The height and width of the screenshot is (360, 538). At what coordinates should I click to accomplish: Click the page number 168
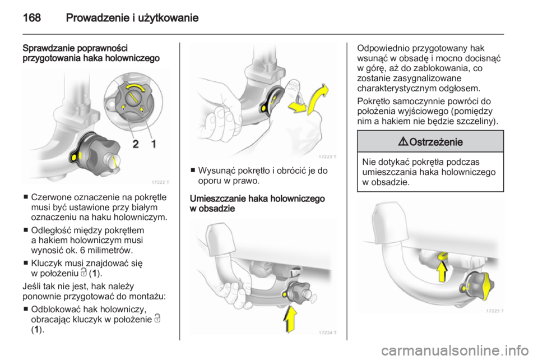(32, 17)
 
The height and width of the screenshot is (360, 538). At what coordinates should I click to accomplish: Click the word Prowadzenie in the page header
(98, 17)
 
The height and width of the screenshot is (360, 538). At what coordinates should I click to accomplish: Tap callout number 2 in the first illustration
(136, 144)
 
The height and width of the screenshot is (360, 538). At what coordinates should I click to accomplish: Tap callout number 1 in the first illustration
(154, 144)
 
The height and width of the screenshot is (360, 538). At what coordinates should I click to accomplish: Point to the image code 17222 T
(160, 182)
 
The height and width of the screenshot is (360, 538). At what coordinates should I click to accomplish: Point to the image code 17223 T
(327, 156)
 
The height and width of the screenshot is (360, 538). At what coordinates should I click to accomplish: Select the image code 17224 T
(327, 333)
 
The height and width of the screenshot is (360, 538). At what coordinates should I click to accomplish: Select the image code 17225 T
(494, 311)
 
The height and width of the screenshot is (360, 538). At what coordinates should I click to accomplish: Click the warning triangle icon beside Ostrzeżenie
(403, 141)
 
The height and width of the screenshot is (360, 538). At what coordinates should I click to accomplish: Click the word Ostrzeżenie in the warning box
(436, 142)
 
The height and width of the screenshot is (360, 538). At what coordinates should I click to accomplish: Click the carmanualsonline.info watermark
(455, 350)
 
